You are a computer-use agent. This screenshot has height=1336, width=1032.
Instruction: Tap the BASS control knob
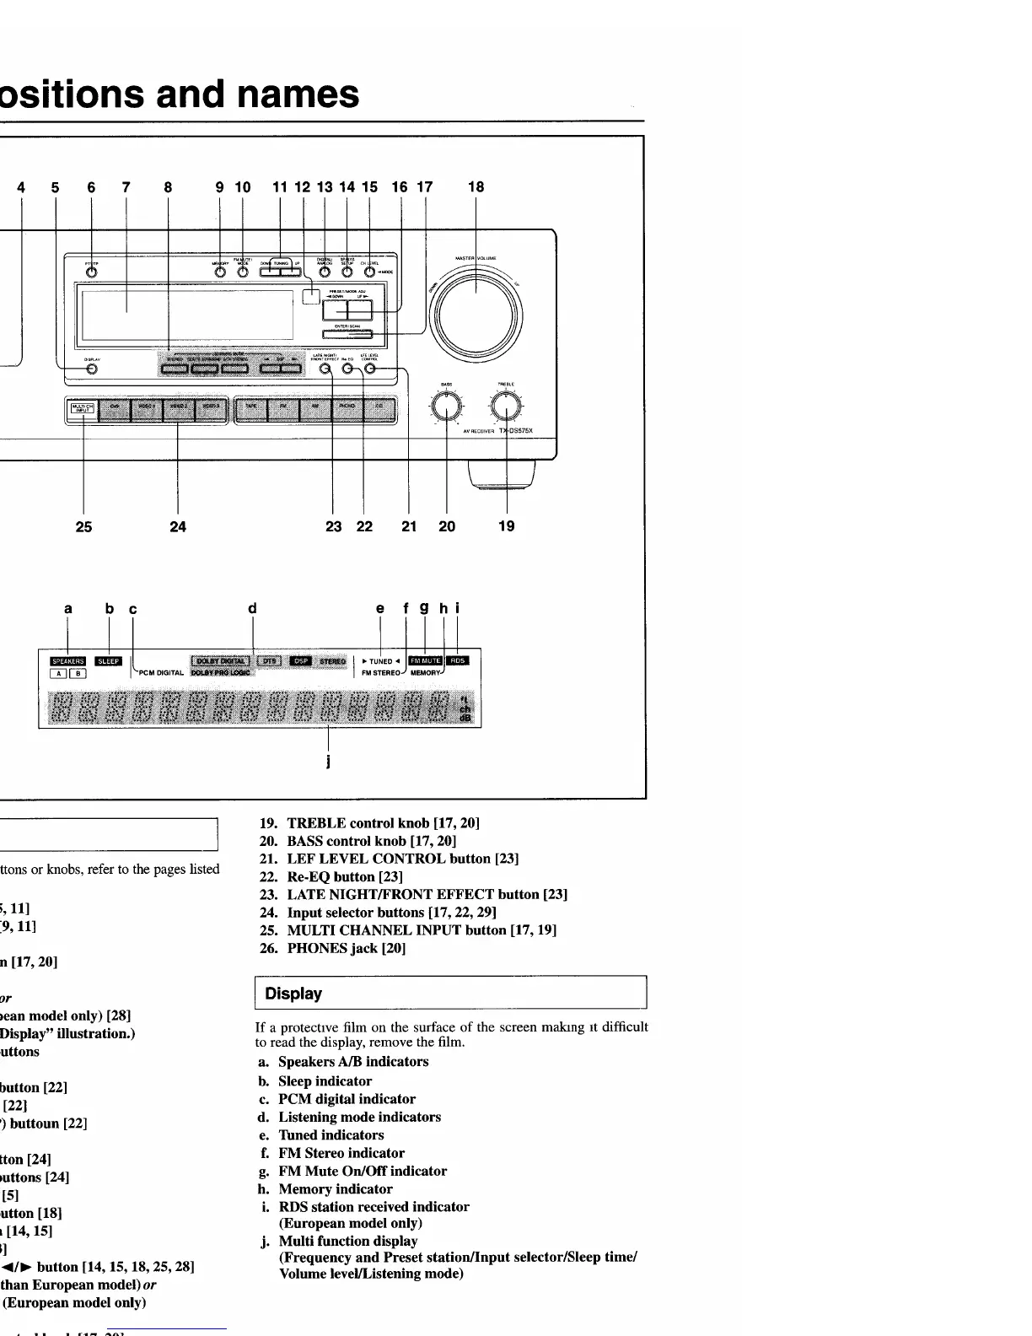click(446, 407)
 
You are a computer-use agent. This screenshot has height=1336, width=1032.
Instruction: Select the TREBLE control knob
click(506, 407)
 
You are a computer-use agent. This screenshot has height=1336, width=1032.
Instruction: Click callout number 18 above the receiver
click(476, 187)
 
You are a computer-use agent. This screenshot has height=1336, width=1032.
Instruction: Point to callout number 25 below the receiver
click(83, 527)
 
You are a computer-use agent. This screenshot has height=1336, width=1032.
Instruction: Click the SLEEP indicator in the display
click(110, 661)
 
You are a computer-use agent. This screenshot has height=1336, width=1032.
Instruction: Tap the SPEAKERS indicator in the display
click(68, 661)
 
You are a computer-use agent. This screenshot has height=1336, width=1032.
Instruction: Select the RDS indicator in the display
click(457, 660)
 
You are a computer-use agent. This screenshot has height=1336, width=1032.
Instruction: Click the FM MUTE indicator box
click(425, 660)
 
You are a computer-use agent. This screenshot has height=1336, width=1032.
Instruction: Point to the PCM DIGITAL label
click(159, 673)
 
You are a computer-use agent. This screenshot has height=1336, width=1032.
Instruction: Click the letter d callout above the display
click(252, 608)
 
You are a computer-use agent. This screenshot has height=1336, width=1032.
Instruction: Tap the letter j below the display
click(328, 762)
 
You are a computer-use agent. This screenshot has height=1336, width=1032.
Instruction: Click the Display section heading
click(293, 994)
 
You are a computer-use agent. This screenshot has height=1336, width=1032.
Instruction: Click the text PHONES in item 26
click(317, 948)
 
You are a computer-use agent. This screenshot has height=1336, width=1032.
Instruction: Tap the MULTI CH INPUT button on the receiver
click(83, 409)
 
